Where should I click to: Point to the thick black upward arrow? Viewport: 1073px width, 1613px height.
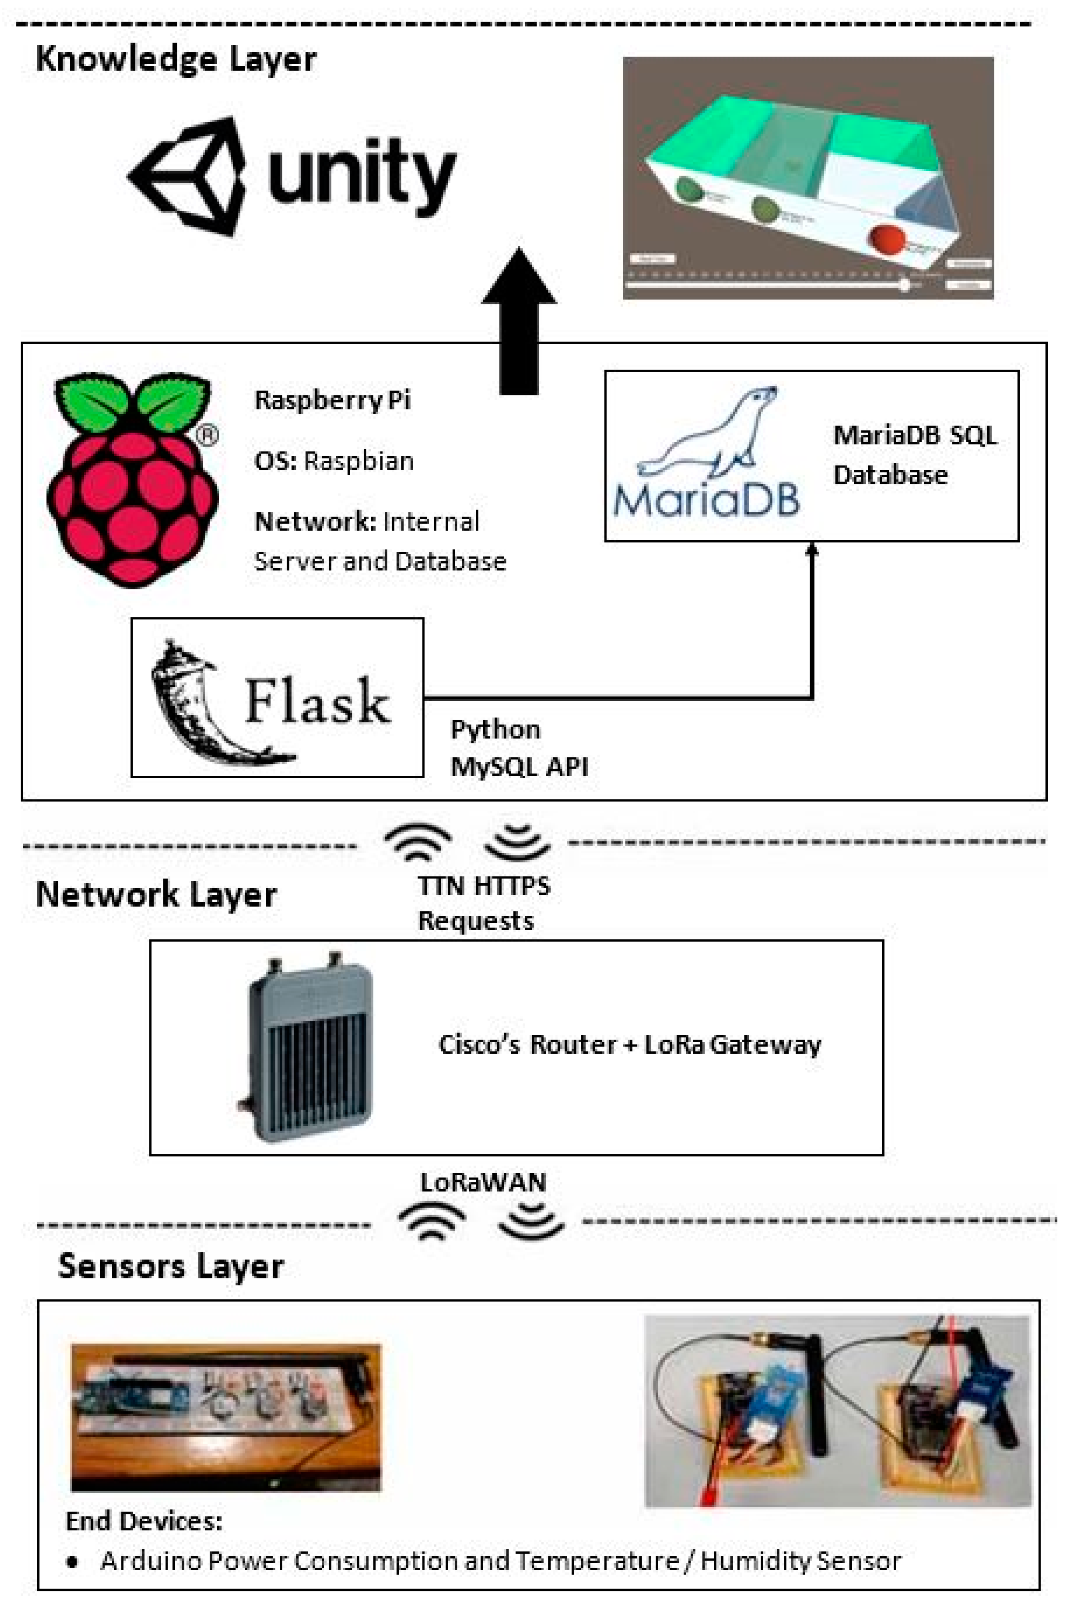(x=519, y=322)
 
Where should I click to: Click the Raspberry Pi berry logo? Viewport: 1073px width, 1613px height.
(x=132, y=479)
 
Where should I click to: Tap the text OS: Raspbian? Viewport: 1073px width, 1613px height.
(x=334, y=461)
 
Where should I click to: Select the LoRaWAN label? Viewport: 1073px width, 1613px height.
(x=483, y=1182)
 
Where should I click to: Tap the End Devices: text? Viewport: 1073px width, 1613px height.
(x=144, y=1521)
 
